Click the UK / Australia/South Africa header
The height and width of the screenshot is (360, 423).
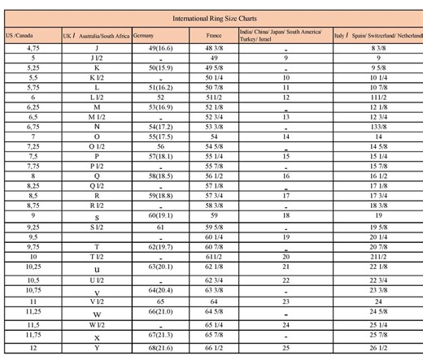tap(96, 37)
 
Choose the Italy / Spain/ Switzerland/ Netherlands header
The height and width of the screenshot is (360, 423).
tap(378, 37)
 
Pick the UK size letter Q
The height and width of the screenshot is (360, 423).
tap(97, 175)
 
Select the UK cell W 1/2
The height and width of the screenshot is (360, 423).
tap(97, 324)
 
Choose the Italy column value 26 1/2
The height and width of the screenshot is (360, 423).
tap(378, 348)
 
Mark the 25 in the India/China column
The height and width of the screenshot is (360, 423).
tap(286, 348)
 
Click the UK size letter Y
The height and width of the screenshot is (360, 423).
tap(97, 348)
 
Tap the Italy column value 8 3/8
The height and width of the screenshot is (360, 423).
tap(378, 49)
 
